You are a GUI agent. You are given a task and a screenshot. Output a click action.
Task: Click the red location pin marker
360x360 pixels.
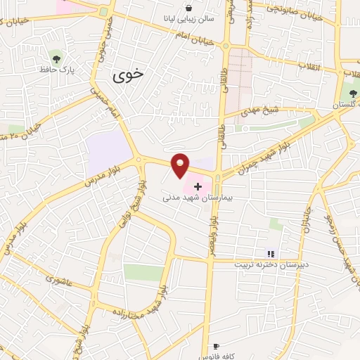pyautogui.click(x=181, y=164)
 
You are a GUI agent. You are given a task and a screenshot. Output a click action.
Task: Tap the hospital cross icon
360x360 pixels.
pyautogui.click(x=198, y=187)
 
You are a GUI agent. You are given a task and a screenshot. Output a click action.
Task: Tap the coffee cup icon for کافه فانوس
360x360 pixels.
pyautogui.click(x=216, y=347)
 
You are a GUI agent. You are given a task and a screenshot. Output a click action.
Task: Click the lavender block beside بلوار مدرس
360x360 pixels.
pyautogui.click(x=108, y=149)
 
